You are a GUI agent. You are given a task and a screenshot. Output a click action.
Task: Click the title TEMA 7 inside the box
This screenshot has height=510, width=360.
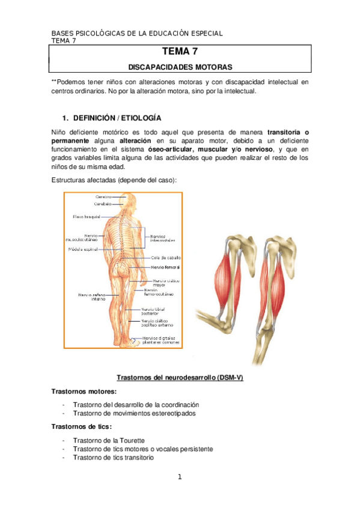point(180,52)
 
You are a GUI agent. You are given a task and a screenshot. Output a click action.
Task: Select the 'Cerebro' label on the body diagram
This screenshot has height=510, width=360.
point(103,196)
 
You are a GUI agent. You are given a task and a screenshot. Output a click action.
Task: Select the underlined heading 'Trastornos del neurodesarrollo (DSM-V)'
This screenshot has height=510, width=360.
point(180,378)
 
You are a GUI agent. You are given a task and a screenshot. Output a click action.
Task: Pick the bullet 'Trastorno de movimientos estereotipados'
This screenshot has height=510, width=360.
point(133,413)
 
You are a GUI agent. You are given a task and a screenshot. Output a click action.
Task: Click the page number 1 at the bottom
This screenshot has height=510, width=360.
point(179,478)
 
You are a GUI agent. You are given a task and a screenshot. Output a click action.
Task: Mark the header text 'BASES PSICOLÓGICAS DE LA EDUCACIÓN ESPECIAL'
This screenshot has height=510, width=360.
point(137,33)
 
